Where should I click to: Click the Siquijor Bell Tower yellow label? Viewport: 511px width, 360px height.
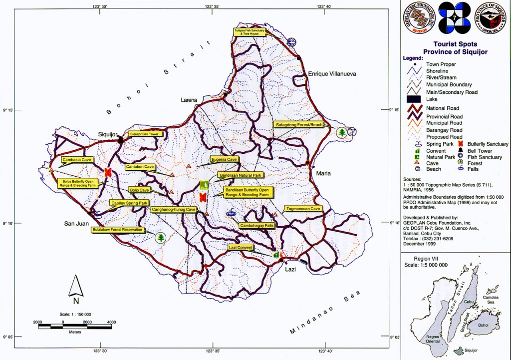[144, 134]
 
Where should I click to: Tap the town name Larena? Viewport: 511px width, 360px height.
[189, 100]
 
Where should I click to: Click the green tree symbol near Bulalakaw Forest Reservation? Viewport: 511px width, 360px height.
[161, 237]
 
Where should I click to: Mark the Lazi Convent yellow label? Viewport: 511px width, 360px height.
[241, 248]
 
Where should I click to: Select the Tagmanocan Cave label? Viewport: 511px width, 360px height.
[303, 208]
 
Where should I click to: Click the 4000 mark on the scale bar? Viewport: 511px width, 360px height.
[111, 322]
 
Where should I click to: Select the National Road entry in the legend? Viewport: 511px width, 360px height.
[442, 108]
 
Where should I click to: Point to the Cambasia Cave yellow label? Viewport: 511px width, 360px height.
[76, 160]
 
